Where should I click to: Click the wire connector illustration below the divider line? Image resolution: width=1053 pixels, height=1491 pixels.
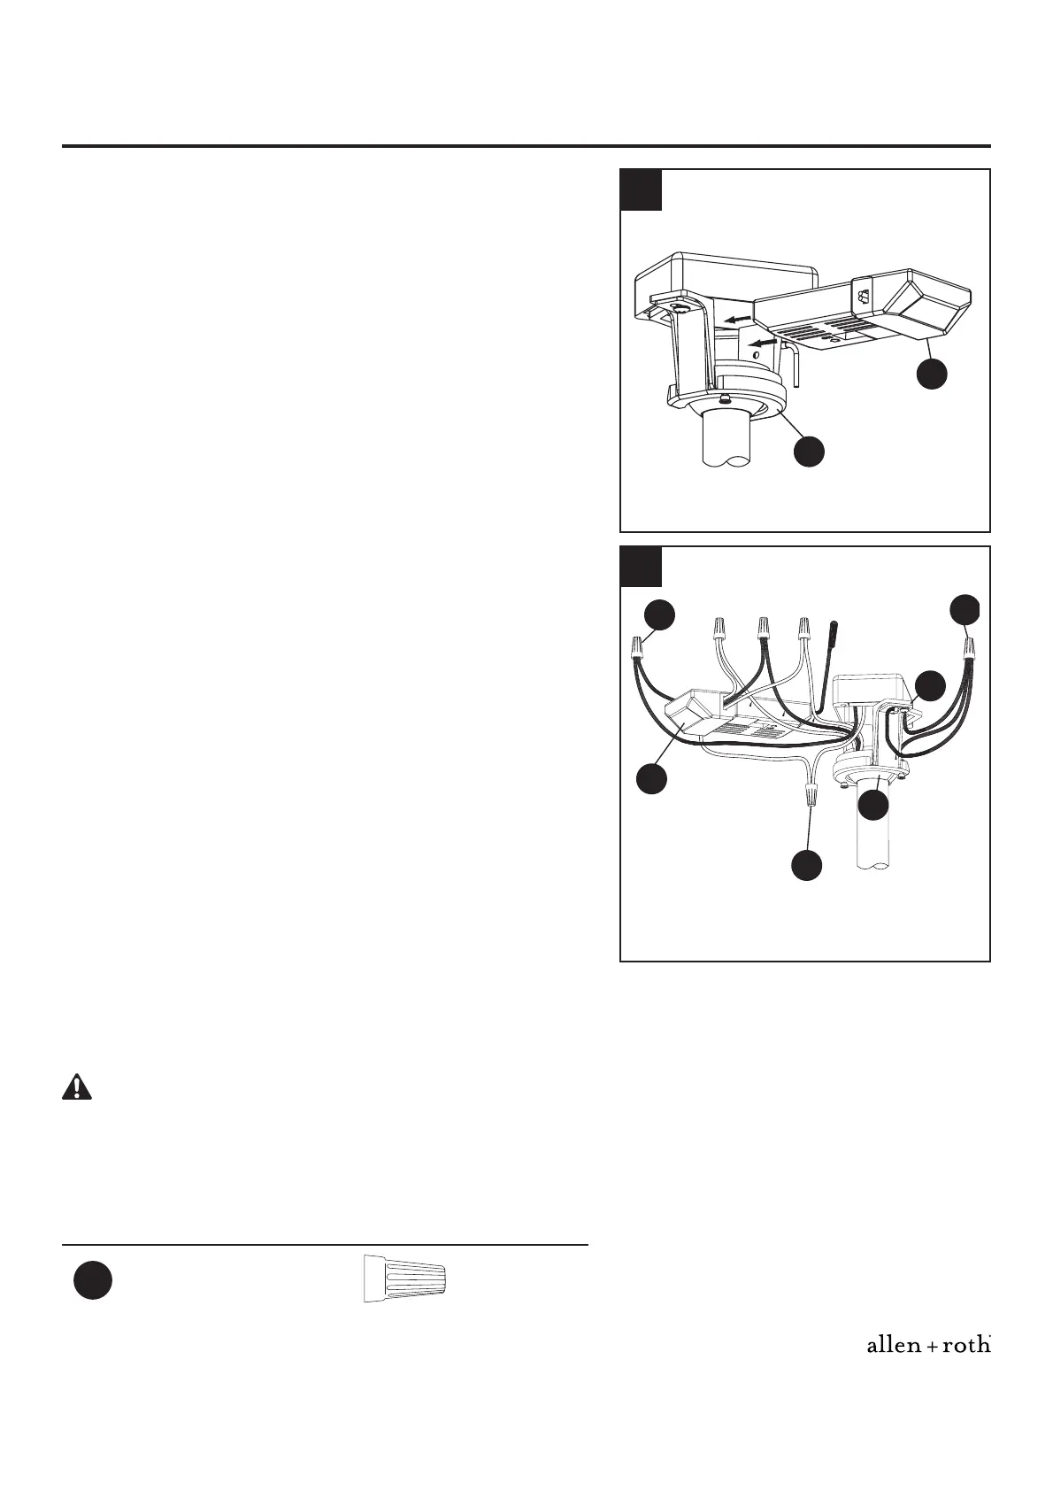coord(404,1278)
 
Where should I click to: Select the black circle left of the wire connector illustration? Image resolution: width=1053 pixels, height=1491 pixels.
coord(92,1281)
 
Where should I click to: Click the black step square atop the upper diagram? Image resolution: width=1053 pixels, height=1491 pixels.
coord(641,189)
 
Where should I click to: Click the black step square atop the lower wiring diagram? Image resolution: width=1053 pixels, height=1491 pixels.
coord(641,567)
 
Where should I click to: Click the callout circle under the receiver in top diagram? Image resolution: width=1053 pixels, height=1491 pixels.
coord(932,373)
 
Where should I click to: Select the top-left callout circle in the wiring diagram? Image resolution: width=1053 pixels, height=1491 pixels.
coord(659,615)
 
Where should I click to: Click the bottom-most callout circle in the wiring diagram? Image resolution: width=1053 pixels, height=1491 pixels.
coord(806,865)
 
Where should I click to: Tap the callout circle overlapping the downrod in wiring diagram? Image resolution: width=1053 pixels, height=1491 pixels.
coord(874,804)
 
